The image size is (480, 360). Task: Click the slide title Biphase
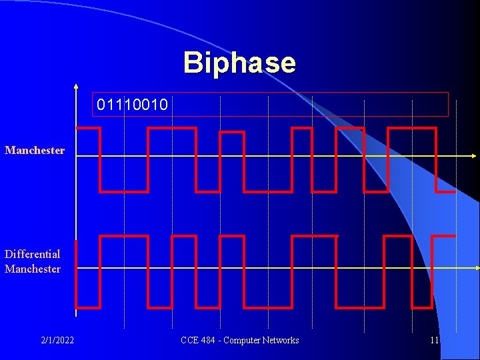(239, 63)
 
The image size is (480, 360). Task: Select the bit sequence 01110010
(132, 105)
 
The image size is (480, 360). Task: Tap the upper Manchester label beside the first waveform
(35, 151)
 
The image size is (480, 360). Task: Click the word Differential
(32, 254)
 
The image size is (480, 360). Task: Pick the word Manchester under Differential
(33, 269)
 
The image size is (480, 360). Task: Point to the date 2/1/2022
(57, 341)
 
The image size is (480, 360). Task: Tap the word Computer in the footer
(243, 341)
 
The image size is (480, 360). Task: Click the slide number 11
(435, 341)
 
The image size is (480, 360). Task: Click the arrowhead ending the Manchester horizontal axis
(476, 156)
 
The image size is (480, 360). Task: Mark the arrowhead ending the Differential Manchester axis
(476, 268)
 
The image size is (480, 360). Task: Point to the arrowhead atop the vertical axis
(76, 87)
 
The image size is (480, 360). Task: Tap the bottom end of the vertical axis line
(76, 315)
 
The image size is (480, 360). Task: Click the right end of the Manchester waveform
(455, 192)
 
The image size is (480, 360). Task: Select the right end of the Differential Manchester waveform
(455, 236)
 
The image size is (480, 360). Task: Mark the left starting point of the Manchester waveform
(77, 128)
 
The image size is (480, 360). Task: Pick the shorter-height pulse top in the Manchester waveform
(231, 133)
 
